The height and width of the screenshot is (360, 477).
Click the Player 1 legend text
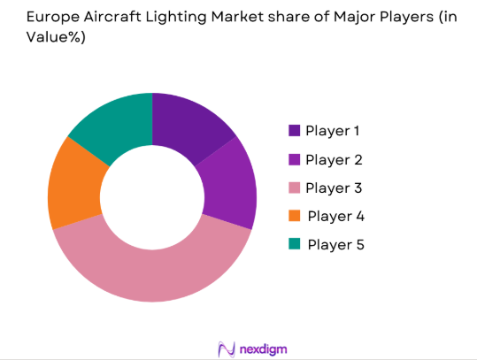[335, 131]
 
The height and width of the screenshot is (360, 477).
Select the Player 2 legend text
[335, 159]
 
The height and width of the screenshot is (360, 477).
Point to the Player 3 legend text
[335, 188]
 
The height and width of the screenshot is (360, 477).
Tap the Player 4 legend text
[336, 216]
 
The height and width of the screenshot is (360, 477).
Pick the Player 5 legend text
[336, 244]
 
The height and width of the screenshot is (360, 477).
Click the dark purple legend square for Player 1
[293, 131]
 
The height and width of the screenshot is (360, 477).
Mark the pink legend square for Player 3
[293, 188]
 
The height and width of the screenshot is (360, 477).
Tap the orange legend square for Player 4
[293, 216]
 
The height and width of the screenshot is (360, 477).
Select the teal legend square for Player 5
[293, 244]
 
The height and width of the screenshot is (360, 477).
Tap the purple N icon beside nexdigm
[225, 348]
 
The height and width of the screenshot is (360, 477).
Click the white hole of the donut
[152, 196]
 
